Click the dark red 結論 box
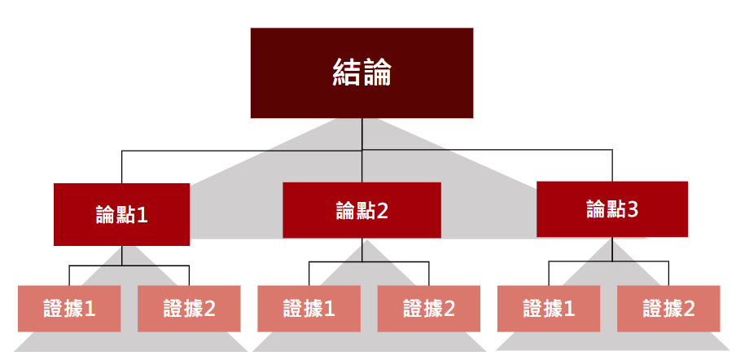(x=361, y=73)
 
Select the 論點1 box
(x=121, y=214)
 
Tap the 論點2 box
(x=361, y=210)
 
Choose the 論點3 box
(x=611, y=209)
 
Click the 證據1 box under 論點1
(x=69, y=309)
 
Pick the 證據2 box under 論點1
(x=189, y=309)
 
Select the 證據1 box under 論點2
(x=309, y=309)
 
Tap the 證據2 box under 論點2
(x=428, y=309)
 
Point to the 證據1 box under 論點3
(x=549, y=309)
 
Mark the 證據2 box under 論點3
(x=668, y=309)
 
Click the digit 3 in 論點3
(x=633, y=209)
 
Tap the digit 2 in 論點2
(x=383, y=211)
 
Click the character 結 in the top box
(x=348, y=72)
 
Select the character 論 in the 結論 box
(x=377, y=72)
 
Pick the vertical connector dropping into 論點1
(x=122, y=167)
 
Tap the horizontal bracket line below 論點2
(x=369, y=262)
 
